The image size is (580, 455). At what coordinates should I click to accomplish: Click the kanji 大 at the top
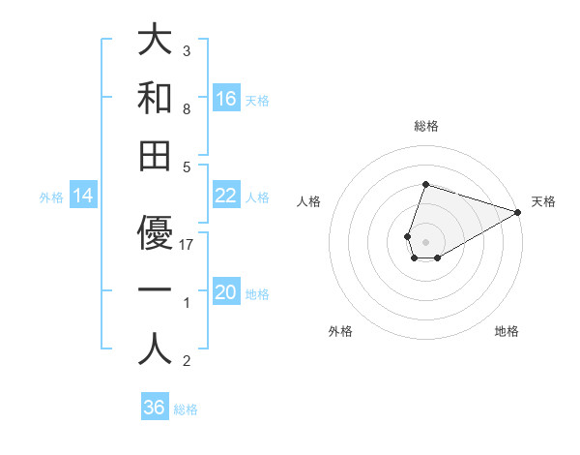coord(155,42)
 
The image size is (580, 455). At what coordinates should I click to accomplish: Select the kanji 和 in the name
coord(155,99)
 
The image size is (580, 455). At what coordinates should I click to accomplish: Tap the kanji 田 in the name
coord(155,156)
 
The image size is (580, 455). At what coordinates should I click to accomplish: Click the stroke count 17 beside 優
coord(188,245)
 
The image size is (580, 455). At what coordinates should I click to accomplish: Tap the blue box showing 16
coord(226,99)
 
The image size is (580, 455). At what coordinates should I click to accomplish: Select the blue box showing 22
coord(226,196)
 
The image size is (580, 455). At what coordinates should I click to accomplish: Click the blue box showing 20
coord(226,292)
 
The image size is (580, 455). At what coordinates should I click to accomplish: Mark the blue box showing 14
coord(83,197)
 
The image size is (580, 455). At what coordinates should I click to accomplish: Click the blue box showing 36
coord(155,408)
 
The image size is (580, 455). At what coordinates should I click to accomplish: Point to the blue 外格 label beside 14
coord(51,197)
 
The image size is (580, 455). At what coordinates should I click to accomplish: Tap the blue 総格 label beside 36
coord(186,409)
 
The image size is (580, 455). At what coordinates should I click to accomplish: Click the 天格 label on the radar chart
coord(543,201)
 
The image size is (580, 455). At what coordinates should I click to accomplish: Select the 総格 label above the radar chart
coord(425,126)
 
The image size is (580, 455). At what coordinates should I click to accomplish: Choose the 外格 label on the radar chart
coord(340,331)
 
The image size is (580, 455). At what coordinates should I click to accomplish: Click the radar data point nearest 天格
coord(518,213)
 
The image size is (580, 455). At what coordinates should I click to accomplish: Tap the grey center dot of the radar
coord(425,240)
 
